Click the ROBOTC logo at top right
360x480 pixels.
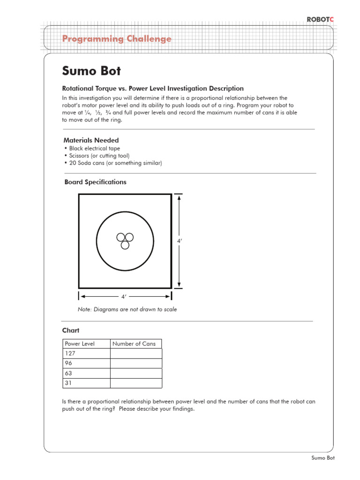pos(320,19)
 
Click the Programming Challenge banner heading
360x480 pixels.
pos(117,39)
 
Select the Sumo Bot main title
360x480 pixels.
pos(91,71)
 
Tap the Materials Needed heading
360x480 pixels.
pos(91,140)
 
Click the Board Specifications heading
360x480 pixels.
pos(95,182)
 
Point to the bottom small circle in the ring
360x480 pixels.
pos(125,245)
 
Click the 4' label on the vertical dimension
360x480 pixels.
pos(179,240)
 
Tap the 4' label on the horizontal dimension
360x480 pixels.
pos(124,297)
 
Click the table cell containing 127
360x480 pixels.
pos(86,353)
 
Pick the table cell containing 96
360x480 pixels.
pos(86,363)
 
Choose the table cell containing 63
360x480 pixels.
pos(86,373)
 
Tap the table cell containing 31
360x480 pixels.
pos(86,383)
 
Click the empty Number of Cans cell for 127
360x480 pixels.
pos(136,353)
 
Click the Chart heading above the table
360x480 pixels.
pos(71,330)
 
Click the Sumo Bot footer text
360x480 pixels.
pos(323,458)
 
